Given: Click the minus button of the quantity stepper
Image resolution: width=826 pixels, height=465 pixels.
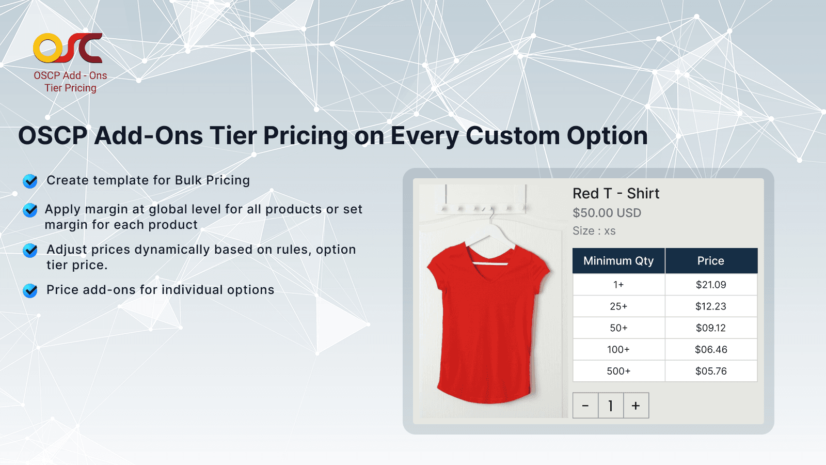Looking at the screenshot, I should coord(585,406).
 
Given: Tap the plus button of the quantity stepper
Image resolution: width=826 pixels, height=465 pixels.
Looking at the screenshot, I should coord(636,406).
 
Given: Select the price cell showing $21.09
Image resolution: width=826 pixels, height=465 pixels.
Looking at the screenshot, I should coord(711,285).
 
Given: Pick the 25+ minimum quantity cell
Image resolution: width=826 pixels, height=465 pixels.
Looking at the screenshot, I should coord(618,306).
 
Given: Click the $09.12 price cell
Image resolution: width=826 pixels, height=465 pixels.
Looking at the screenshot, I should coord(711,328).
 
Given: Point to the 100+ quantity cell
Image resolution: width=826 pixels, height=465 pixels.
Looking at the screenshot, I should coord(618,350).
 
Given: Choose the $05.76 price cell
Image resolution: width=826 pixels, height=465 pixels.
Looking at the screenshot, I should coord(711,371).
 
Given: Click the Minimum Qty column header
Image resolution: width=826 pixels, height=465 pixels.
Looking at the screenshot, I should coord(618,261).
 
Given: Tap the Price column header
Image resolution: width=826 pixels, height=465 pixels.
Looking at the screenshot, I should coord(711,261).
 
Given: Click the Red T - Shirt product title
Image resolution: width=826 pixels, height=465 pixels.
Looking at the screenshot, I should coord(616,193).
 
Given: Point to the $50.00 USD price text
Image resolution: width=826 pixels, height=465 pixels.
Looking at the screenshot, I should coord(607,213).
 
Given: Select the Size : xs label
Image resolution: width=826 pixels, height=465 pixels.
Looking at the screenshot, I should coord(594,231).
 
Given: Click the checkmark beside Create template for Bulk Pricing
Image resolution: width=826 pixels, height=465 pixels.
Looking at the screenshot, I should coord(30,181).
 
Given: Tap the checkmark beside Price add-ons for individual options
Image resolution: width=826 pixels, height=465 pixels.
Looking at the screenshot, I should coord(30,290).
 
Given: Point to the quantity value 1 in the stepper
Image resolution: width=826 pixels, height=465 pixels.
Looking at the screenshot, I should coord(611,406).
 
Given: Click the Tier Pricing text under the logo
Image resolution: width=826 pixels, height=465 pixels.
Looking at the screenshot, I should coord(70,88).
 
